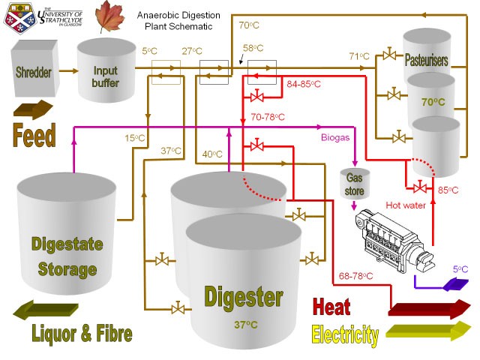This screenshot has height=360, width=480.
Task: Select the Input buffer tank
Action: click(x=106, y=70)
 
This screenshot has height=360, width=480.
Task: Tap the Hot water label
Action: click(x=406, y=204)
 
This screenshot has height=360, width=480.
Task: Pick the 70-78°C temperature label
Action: click(x=268, y=117)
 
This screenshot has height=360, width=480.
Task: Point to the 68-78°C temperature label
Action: click(x=355, y=277)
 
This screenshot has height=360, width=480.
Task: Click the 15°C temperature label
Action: click(x=135, y=138)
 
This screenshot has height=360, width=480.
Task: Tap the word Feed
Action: click(x=34, y=135)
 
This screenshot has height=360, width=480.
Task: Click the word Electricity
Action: click(x=344, y=334)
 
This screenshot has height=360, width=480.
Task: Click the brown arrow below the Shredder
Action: click(x=34, y=107)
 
